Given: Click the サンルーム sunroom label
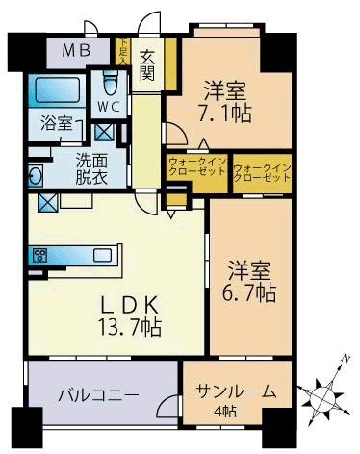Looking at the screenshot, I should click(x=236, y=391).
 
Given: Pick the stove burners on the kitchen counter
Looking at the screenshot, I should click(x=41, y=255).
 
